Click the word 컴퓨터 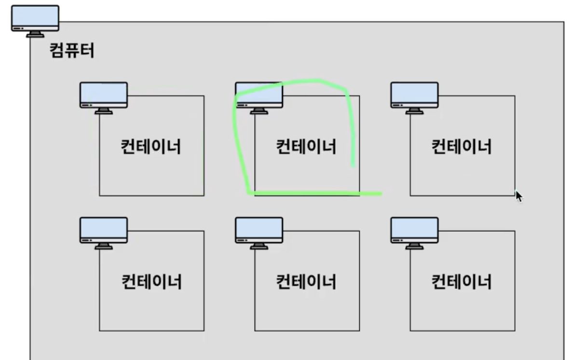coord(72,51)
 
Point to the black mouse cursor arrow coord(518,195)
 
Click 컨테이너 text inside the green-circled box coord(306,147)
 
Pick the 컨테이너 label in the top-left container coord(151,147)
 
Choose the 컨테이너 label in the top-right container coord(462,147)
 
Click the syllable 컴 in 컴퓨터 coord(57,51)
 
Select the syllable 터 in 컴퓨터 coord(87,51)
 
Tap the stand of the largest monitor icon coord(35,34)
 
